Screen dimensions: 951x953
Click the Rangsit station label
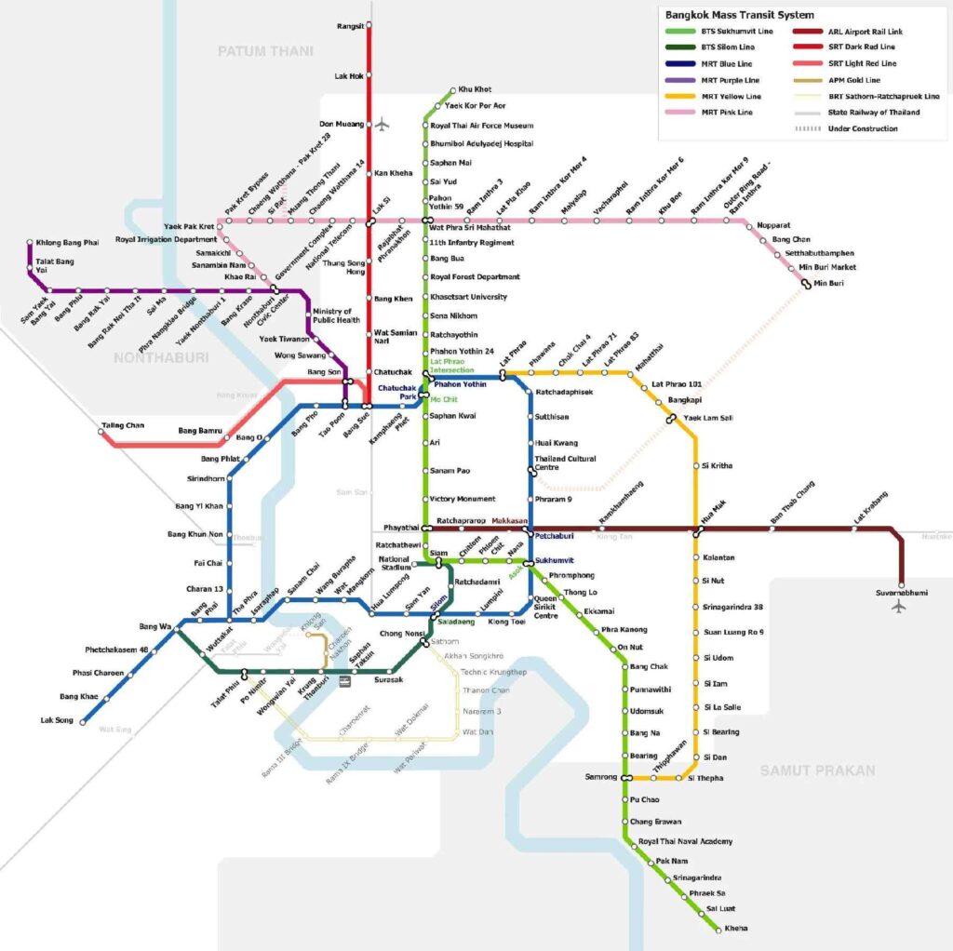click(349, 26)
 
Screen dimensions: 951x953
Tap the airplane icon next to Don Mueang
click(383, 124)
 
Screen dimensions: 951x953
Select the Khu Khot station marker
click(452, 90)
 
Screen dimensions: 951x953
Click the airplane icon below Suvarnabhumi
click(898, 608)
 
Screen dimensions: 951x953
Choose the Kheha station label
click(735, 928)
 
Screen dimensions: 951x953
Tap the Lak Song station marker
click(83, 721)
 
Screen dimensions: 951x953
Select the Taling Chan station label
click(122, 425)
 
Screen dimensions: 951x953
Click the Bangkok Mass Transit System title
click(739, 15)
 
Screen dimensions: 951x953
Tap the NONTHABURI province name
click(161, 357)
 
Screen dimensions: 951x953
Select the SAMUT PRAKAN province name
click(817, 770)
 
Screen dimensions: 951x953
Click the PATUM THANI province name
click(265, 51)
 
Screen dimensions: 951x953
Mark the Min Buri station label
click(828, 283)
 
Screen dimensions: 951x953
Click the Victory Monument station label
click(463, 499)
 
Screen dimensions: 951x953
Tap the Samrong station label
click(600, 777)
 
